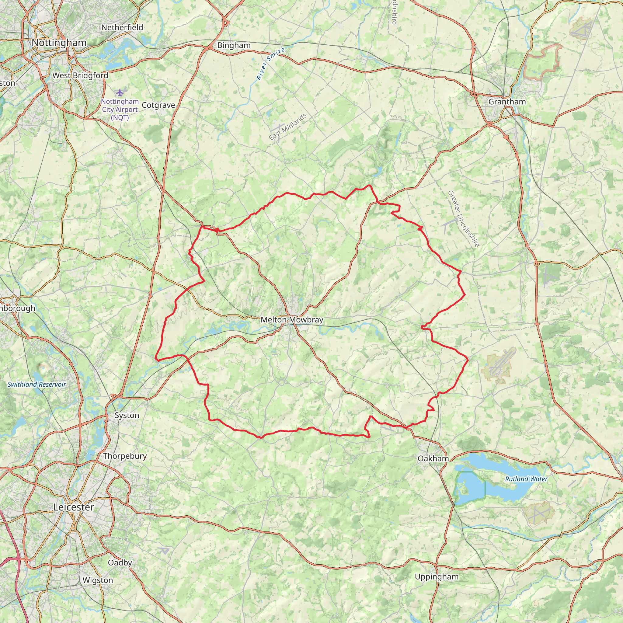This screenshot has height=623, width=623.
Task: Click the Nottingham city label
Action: (x=59, y=43)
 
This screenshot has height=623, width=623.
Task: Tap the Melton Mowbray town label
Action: (x=292, y=320)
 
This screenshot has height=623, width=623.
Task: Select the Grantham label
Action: (x=507, y=102)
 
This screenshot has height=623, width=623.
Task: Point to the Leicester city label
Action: (x=74, y=507)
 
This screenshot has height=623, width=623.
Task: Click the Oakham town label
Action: (x=433, y=458)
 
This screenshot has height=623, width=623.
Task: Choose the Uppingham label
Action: (x=437, y=576)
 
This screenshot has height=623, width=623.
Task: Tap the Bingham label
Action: (x=234, y=45)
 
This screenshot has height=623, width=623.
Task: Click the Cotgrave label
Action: (x=158, y=106)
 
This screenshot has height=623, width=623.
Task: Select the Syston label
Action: (x=127, y=415)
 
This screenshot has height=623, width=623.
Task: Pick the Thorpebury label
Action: (x=125, y=456)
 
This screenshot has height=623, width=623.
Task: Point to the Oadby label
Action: (x=120, y=563)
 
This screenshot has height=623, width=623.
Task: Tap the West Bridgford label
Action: (x=80, y=75)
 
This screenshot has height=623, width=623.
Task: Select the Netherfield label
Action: (x=122, y=28)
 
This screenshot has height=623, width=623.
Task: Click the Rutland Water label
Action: (x=526, y=479)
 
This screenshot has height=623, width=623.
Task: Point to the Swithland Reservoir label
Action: (x=37, y=385)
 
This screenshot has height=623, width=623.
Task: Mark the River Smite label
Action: (x=270, y=64)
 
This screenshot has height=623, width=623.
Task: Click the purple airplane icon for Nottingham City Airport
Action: (x=120, y=92)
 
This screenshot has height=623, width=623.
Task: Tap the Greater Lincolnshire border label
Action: (x=463, y=219)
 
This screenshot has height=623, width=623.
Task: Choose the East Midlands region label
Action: (x=288, y=127)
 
